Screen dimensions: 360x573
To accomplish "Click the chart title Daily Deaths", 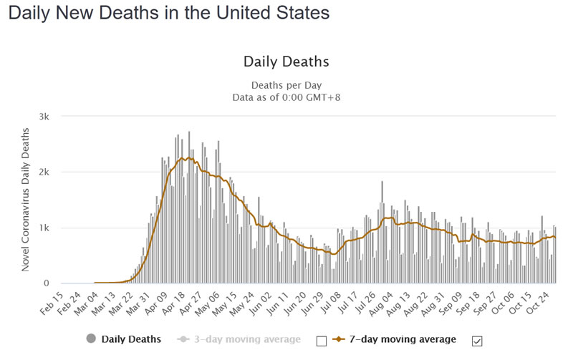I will (286, 62).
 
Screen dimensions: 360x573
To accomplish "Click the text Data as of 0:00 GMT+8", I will (286, 97).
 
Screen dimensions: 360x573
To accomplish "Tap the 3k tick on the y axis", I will (45, 116).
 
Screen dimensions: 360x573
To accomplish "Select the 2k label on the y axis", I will (45, 172).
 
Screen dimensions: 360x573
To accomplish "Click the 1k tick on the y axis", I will (45, 228).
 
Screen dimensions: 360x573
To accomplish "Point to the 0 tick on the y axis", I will (48, 283).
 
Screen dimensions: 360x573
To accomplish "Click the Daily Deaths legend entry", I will (130, 339).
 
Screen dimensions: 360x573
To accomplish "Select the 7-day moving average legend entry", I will (401, 339).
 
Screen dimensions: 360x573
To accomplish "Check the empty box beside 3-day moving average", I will (321, 341).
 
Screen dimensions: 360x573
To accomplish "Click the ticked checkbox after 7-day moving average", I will (477, 339).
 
